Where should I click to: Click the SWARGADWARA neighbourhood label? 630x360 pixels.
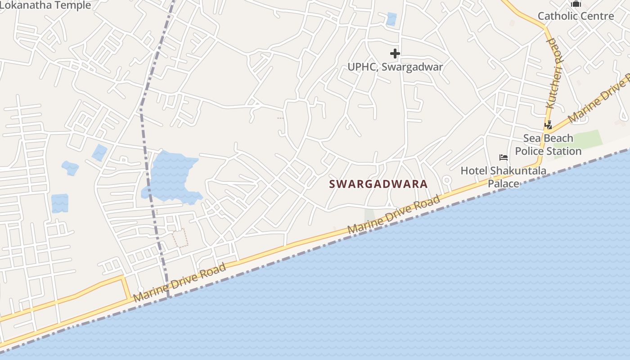click(378, 184)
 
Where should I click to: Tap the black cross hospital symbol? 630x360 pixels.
click(395, 54)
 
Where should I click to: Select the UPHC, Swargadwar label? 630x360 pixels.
click(395, 67)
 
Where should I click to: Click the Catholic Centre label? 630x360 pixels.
click(576, 16)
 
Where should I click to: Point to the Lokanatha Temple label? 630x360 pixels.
click(45, 5)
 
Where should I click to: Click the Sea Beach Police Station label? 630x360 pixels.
click(548, 144)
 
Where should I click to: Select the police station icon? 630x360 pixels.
click(548, 125)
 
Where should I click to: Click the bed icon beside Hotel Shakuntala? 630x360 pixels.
click(504, 157)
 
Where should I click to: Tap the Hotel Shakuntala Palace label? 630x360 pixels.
click(503, 177)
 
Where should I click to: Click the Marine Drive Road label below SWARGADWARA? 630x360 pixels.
click(393, 215)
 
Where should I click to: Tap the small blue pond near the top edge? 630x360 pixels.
click(391, 19)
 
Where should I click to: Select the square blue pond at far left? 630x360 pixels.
click(60, 203)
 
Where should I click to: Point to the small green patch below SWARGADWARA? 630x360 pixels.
click(369, 215)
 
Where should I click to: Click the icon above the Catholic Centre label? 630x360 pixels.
click(576, 4)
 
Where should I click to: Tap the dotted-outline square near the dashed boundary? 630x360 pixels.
click(180, 238)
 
